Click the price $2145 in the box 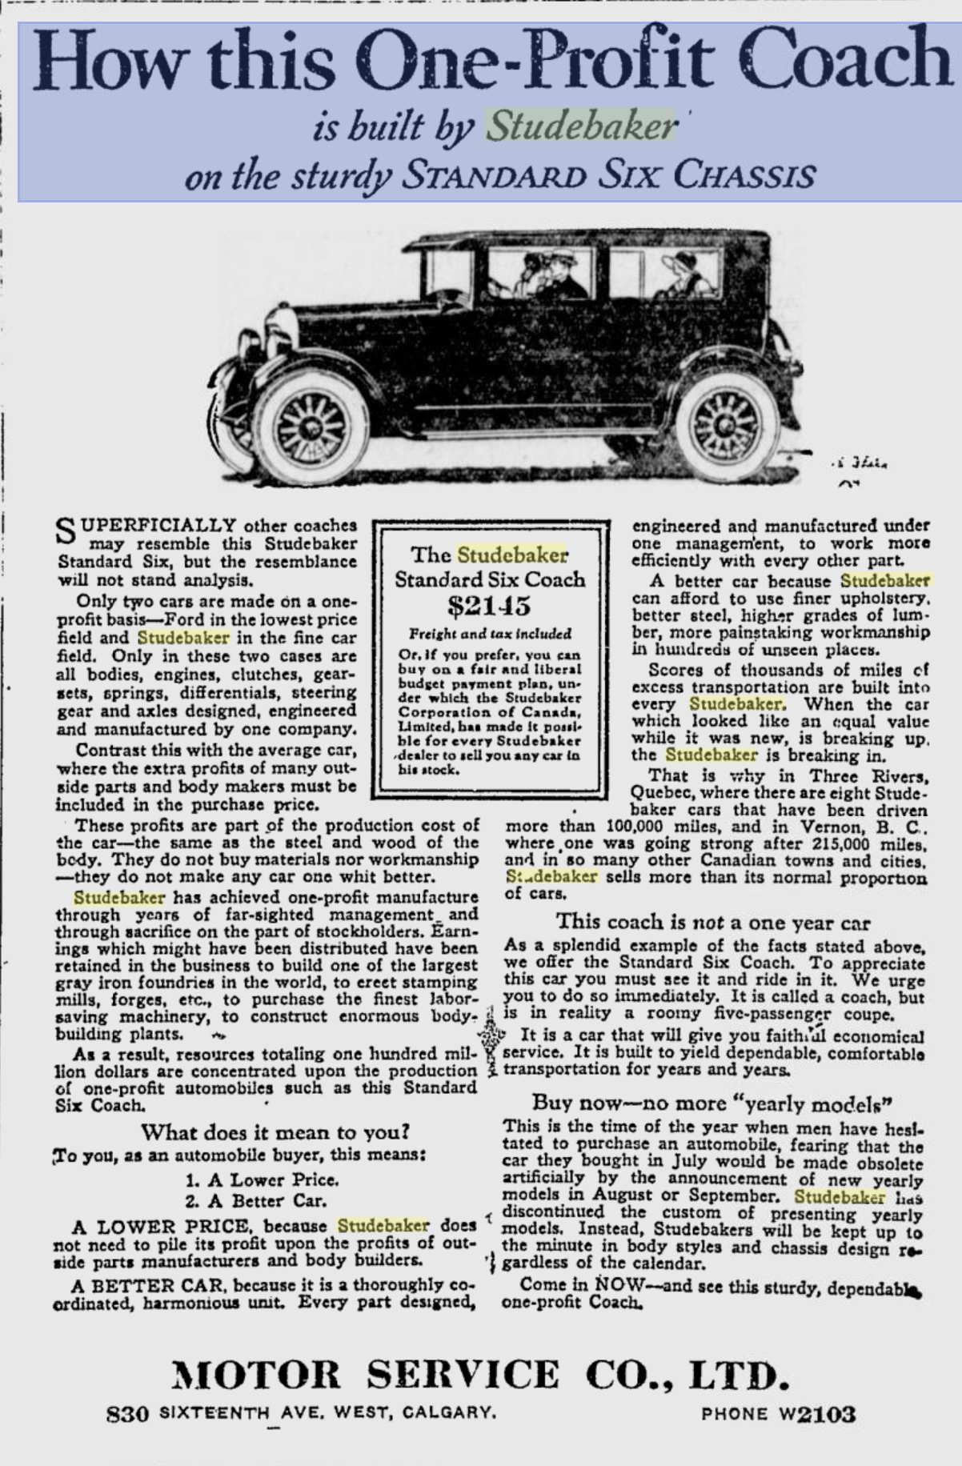click(x=489, y=606)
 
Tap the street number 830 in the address click(x=128, y=1414)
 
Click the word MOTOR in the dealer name click(x=256, y=1375)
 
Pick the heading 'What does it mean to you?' click(x=275, y=1132)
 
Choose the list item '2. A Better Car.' click(x=256, y=1201)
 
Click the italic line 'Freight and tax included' click(x=490, y=634)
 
